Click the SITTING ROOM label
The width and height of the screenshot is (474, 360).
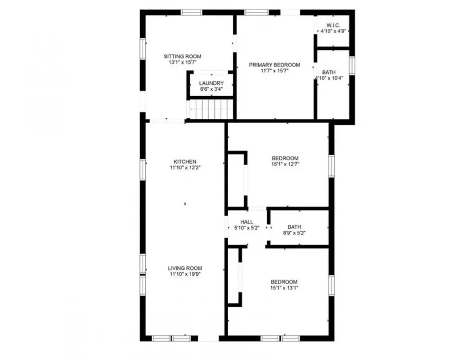pyautogui.click(x=182, y=56)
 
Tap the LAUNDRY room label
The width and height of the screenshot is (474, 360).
pyautogui.click(x=211, y=83)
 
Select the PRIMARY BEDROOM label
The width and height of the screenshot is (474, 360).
pyautogui.click(x=274, y=65)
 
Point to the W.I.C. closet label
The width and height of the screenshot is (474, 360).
pyautogui.click(x=333, y=25)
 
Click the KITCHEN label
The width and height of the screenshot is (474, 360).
pyautogui.click(x=185, y=161)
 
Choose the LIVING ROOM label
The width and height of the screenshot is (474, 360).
pyautogui.click(x=185, y=268)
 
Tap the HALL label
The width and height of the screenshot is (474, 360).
pyautogui.click(x=247, y=222)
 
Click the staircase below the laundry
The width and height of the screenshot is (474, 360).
pyautogui.click(x=211, y=109)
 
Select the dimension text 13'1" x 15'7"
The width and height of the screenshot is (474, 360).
pyautogui.click(x=182, y=62)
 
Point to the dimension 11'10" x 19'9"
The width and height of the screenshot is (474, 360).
pyautogui.click(x=185, y=274)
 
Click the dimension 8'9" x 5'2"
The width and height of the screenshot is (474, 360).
pyautogui.click(x=294, y=233)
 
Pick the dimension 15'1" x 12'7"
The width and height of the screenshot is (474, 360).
pyautogui.click(x=285, y=164)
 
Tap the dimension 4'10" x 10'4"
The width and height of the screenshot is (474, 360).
pyautogui.click(x=329, y=78)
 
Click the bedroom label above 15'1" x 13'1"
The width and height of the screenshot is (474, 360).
pyautogui.click(x=284, y=282)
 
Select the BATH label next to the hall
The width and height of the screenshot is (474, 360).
pyautogui.click(x=294, y=227)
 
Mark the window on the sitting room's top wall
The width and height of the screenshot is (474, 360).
pyautogui.click(x=191, y=12)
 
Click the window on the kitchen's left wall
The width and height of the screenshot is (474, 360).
pyautogui.click(x=143, y=169)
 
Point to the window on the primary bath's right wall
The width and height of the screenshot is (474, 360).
pyautogui.click(x=352, y=65)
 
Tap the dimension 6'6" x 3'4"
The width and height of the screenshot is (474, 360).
pyautogui.click(x=211, y=89)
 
